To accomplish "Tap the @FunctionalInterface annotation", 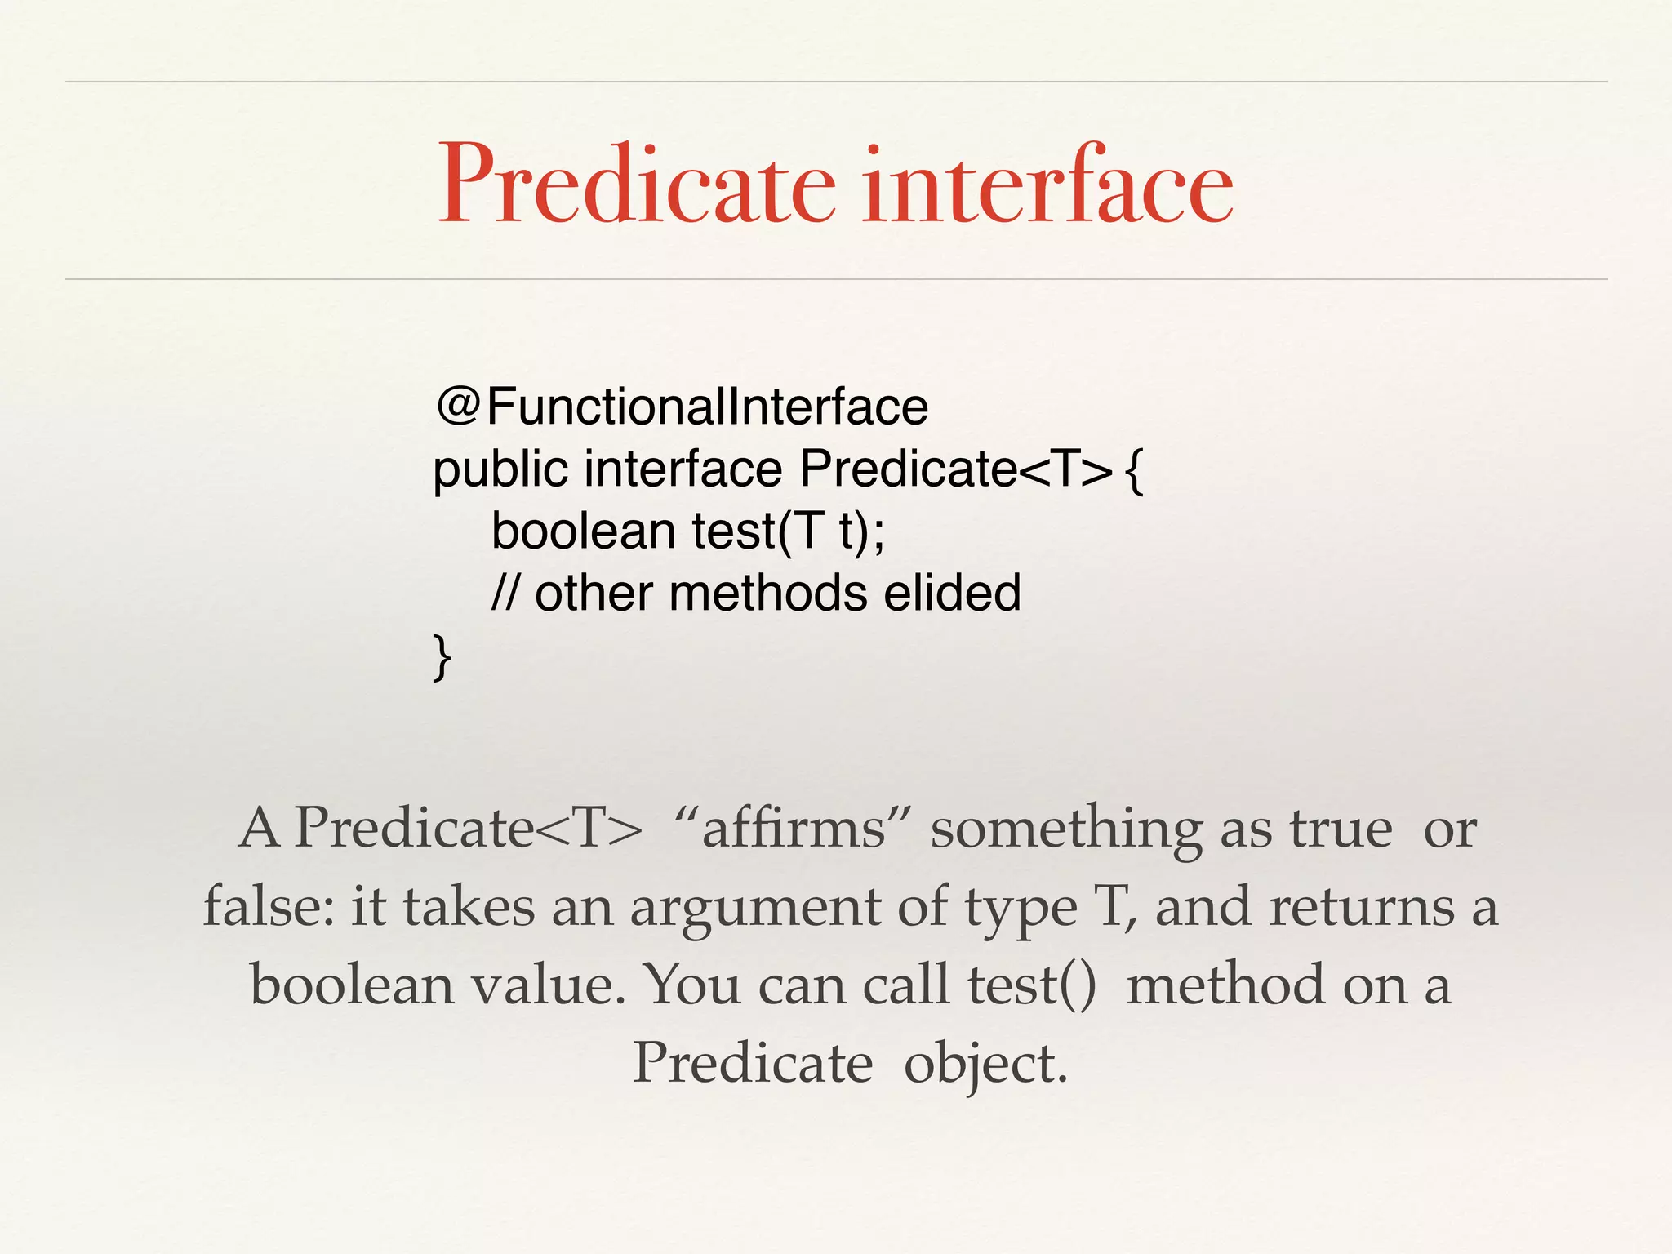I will pyautogui.click(x=683, y=407).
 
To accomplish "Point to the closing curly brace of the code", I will pyautogui.click(x=442, y=656).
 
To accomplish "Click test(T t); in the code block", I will pyautogui.click(x=788, y=531).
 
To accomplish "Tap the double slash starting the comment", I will pyautogui.click(x=505, y=593).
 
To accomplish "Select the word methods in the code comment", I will pyautogui.click(x=768, y=593).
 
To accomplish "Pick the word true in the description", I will pyautogui.click(x=1341, y=829).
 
